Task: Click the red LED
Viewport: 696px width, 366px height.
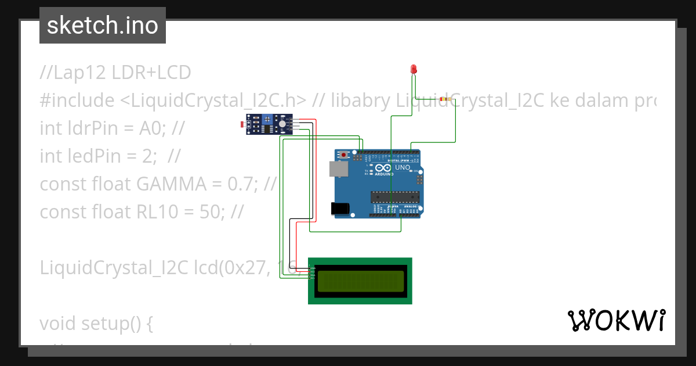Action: coord(414,69)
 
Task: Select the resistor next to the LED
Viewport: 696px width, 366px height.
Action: coord(444,99)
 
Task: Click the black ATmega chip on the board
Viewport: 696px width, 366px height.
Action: coord(394,198)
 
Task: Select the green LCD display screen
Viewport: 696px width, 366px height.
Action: coord(360,281)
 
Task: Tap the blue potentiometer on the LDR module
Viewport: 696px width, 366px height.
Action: coord(267,119)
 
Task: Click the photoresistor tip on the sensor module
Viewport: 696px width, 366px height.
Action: coord(242,124)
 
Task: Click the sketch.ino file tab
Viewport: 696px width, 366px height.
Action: coord(103,26)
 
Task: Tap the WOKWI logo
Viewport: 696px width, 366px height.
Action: coord(616,320)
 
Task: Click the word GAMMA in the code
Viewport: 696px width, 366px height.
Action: coord(172,184)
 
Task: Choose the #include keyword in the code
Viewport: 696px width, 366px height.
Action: coord(77,101)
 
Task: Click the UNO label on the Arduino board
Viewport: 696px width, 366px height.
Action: coord(403,167)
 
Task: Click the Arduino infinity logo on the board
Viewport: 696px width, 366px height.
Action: coord(383,168)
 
